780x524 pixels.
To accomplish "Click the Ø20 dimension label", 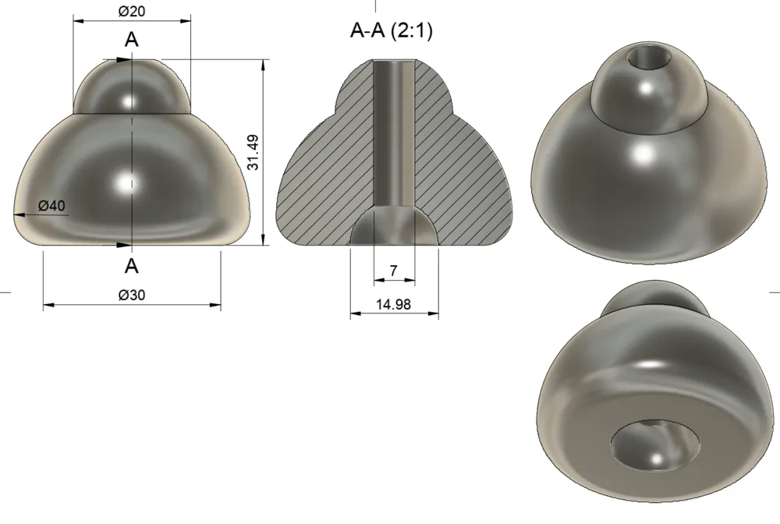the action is click(x=132, y=11).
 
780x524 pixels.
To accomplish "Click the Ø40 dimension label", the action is click(x=51, y=205).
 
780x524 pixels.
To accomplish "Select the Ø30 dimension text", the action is click(x=132, y=295).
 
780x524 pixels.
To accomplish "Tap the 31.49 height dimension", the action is click(x=253, y=152).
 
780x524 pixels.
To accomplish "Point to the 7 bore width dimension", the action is click(x=394, y=271).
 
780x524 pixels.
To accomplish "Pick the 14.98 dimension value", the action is click(x=393, y=304).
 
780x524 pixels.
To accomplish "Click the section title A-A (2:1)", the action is click(x=392, y=30).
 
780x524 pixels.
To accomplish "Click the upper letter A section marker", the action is click(x=131, y=40).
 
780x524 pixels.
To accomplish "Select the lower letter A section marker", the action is click(x=131, y=267).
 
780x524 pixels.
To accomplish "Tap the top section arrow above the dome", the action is click(x=118, y=60).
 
